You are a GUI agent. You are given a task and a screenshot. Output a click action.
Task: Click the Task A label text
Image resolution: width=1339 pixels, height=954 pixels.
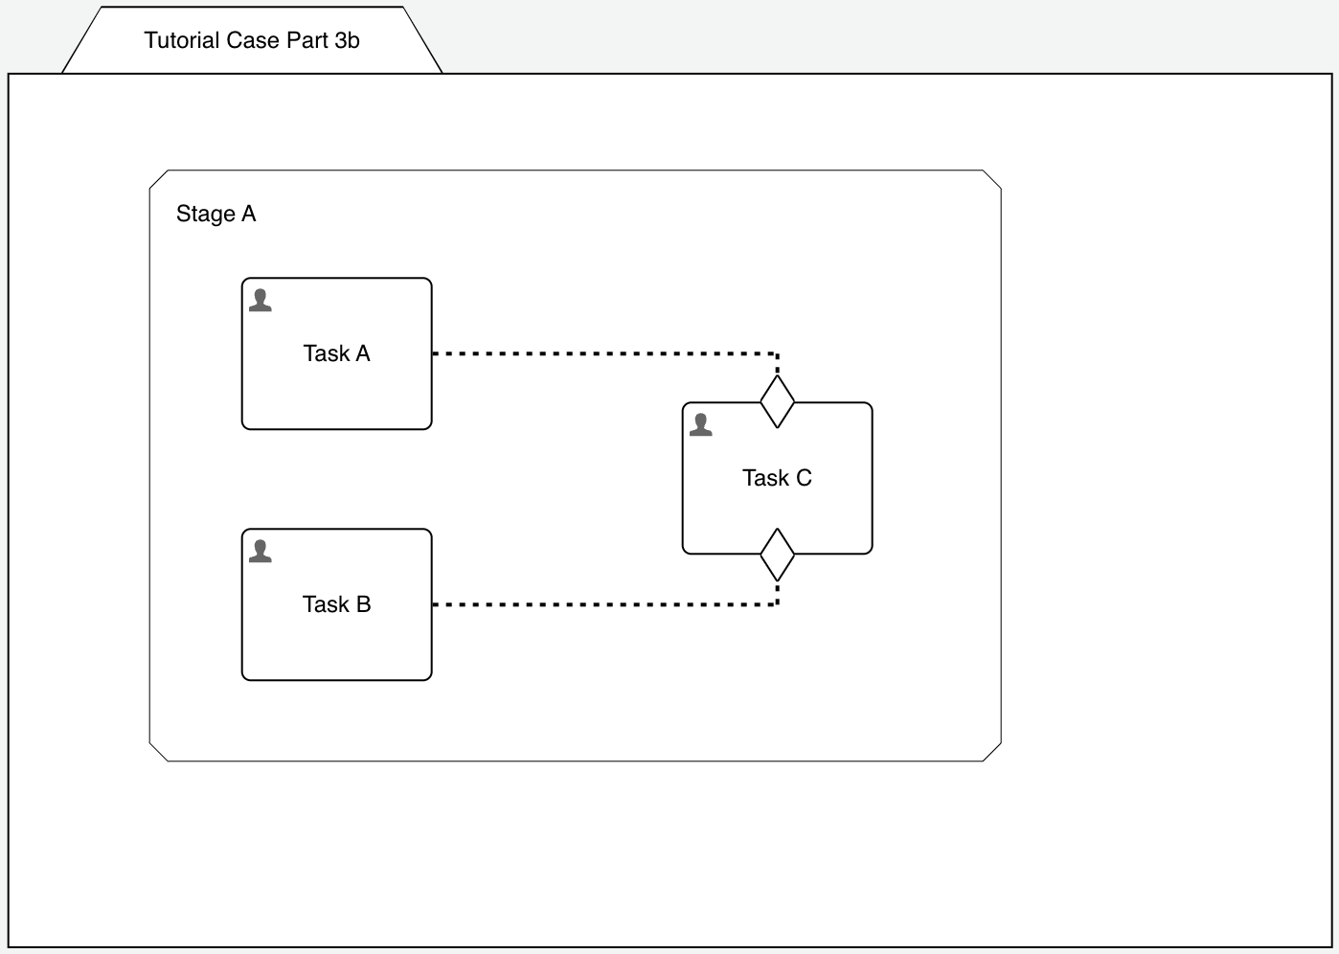336,353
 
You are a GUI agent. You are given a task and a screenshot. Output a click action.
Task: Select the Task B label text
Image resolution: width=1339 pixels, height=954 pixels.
336,604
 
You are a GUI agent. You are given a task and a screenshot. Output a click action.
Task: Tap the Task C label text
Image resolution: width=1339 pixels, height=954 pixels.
777,478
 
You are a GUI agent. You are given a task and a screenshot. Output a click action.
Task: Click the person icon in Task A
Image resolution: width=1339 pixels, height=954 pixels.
261,300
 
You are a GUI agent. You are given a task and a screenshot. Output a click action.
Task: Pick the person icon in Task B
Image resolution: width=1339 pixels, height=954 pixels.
261,551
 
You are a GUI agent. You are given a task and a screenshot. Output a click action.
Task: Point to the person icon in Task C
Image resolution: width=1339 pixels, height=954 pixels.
701,424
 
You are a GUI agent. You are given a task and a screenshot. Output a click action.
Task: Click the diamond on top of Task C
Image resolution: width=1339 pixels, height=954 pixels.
777,402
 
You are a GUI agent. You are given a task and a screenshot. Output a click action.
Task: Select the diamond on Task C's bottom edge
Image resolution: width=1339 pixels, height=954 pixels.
777,555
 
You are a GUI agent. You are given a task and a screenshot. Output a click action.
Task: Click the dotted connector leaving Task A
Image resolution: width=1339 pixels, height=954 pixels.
603,353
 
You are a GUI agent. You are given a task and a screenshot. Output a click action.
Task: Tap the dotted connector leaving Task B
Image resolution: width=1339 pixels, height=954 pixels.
603,604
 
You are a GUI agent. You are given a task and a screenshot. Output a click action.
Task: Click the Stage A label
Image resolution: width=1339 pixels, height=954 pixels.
216,214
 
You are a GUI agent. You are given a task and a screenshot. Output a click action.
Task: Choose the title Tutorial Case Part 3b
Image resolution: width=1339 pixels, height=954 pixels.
252,40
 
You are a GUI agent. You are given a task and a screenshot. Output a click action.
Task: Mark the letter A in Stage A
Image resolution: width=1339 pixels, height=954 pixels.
249,214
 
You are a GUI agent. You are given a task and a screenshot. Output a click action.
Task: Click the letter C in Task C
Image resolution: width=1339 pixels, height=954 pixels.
804,478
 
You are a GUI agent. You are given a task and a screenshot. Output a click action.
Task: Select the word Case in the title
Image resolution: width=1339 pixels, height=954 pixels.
252,40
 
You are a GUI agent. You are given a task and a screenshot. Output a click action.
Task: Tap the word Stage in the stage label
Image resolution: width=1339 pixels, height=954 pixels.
205,214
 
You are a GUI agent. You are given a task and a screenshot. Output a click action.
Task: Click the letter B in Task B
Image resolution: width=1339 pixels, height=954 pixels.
363,604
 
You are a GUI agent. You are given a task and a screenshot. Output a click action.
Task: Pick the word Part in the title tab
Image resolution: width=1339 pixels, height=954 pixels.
307,40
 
